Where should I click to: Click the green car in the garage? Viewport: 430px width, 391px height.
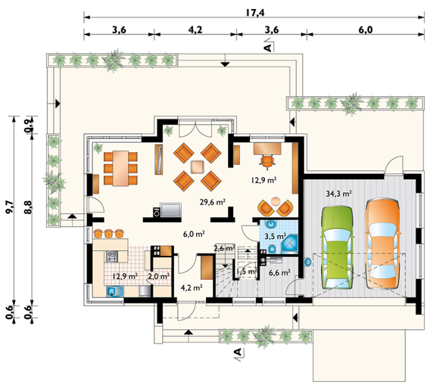(336, 247)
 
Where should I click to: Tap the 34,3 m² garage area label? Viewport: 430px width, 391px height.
(339, 194)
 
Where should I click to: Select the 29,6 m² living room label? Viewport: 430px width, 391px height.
(212, 202)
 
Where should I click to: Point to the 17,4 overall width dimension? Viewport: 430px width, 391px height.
(255, 12)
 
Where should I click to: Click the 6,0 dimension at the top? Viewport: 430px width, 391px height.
(366, 30)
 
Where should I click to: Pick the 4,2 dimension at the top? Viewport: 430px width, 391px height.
(195, 30)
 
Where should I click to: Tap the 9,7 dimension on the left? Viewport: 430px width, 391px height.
(10, 207)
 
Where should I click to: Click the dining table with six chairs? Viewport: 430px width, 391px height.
(120, 168)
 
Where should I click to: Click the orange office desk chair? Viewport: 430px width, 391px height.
(268, 160)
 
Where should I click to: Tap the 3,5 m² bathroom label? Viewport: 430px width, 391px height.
(275, 236)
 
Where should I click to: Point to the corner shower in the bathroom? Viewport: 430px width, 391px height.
(290, 244)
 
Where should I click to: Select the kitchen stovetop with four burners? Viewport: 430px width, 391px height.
(112, 256)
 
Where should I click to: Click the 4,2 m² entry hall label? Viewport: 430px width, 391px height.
(192, 287)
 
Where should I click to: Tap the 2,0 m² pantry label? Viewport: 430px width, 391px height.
(158, 276)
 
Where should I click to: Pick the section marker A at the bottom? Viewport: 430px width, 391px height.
(238, 351)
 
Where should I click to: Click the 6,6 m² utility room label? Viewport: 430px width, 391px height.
(279, 272)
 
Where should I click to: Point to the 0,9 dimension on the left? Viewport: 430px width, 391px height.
(29, 125)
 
